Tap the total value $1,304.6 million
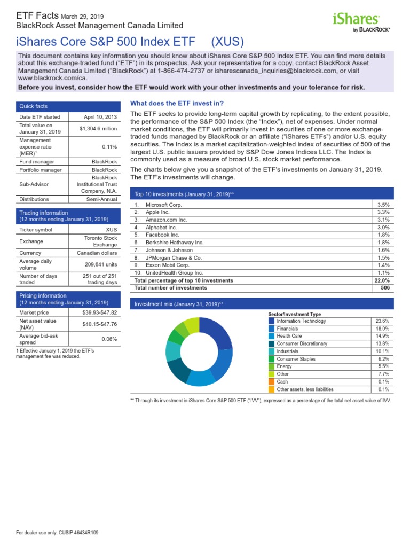click(x=98, y=129)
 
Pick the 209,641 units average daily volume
click(x=101, y=263)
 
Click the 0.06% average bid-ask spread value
click(x=109, y=339)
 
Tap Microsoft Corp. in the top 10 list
click(x=164, y=205)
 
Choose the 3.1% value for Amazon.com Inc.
click(x=383, y=220)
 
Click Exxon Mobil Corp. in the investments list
click(x=168, y=264)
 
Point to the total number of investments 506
click(x=385, y=287)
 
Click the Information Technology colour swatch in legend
click(x=272, y=321)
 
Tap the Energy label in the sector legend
click(x=285, y=366)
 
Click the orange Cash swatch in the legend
click(x=272, y=382)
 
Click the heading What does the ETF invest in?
click(x=177, y=103)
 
